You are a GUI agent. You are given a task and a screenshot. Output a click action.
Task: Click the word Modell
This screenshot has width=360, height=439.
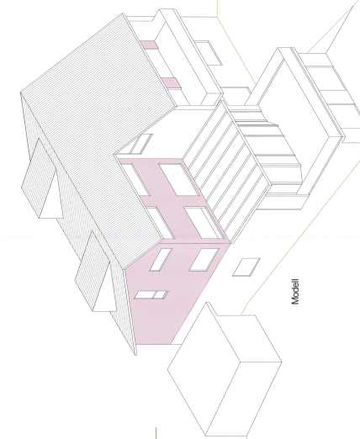[295, 292]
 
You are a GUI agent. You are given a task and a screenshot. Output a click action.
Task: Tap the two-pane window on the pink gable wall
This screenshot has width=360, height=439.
[151, 294]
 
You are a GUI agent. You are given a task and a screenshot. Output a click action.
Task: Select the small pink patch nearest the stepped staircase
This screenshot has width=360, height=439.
[171, 83]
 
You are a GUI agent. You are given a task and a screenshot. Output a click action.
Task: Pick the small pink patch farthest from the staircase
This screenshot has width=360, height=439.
[149, 45]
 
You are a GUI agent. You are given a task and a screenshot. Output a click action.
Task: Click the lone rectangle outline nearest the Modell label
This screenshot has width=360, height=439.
[246, 267]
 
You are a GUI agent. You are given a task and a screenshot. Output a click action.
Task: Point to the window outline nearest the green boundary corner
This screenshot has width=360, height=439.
[209, 53]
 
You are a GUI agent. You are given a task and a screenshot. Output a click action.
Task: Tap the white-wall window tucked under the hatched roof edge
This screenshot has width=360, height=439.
[141, 144]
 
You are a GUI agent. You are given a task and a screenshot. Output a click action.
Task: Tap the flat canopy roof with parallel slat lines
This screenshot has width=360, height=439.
[225, 171]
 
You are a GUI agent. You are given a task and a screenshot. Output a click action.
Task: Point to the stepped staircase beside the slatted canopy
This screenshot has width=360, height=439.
[269, 151]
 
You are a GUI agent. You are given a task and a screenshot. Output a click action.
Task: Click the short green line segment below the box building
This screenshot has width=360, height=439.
[156, 433]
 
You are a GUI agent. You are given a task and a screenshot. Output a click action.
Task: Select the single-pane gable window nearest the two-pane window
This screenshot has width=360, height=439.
[161, 260]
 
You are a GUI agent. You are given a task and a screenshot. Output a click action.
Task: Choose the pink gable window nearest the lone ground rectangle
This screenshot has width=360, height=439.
[204, 260]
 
